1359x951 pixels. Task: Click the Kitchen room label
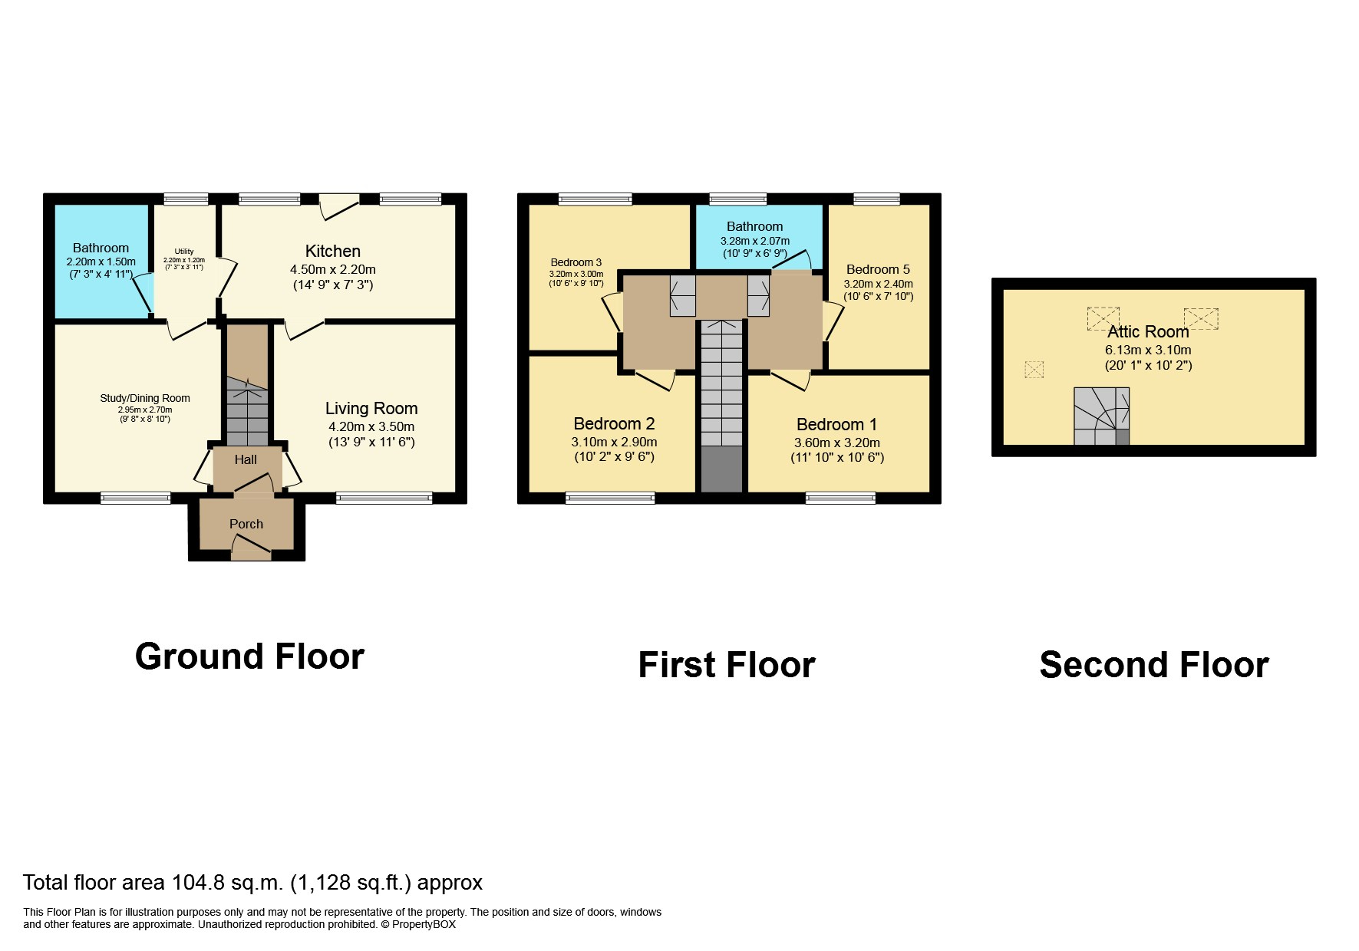pos(332,252)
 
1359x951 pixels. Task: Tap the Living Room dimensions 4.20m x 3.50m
pos(371,427)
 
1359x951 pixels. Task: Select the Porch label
pos(246,525)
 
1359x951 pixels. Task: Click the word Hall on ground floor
pos(246,460)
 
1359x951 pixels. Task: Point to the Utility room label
pos(184,252)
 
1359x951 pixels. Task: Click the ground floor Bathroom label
pos(101,248)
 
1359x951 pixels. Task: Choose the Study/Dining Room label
pos(145,399)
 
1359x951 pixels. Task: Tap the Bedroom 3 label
pos(576,262)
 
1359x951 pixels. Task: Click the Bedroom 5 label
pos(878,269)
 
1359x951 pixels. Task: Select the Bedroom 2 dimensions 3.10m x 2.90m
pos(614,443)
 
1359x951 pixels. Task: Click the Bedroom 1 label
pos(836,425)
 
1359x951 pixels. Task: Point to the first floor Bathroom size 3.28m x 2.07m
pos(754,241)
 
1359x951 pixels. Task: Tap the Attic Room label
pos(1148,332)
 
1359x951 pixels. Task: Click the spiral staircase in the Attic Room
pos(1100,416)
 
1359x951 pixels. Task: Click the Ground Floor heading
pos(249,657)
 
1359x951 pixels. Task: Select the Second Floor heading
pos(1153,665)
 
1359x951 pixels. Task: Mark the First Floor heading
pos(726,665)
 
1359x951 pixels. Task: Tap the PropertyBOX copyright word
pos(424,925)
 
